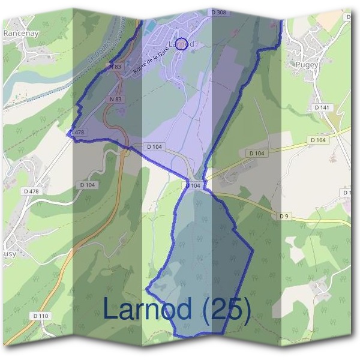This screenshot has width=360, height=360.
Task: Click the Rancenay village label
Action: click(x=21, y=34)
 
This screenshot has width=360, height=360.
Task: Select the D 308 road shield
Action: click(x=218, y=12)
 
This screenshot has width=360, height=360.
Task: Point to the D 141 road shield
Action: click(x=322, y=107)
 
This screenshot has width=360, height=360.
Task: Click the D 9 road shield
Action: click(x=284, y=216)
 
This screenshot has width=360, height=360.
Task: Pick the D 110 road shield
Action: click(x=41, y=316)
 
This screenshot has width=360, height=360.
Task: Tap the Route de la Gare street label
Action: click(x=149, y=62)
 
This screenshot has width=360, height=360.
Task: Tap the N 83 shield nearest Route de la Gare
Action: click(x=116, y=67)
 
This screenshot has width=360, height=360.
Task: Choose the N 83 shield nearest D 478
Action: click(x=116, y=98)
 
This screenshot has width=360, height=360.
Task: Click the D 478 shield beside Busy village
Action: click(x=32, y=191)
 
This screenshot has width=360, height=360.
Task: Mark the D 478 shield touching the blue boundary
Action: click(x=78, y=132)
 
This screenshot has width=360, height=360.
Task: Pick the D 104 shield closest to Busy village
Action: click(x=87, y=185)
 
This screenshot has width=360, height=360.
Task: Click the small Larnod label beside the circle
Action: click(x=178, y=44)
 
